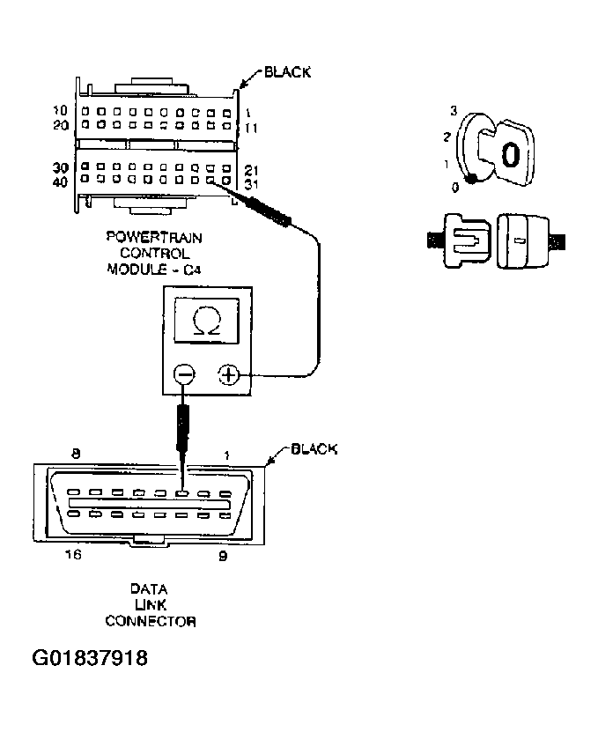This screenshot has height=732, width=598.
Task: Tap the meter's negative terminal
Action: point(184,374)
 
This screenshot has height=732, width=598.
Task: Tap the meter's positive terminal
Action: point(229,374)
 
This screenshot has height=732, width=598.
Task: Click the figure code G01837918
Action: point(90,658)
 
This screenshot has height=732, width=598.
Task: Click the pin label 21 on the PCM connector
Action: point(249,168)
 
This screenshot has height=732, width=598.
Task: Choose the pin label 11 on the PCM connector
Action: point(249,128)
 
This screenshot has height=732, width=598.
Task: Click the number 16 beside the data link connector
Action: point(75,556)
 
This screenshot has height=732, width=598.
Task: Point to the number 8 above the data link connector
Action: point(76,454)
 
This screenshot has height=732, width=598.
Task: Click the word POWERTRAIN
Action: point(151,236)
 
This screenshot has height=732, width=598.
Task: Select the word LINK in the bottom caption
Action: point(150,605)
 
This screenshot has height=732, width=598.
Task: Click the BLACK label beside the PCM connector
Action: point(287,72)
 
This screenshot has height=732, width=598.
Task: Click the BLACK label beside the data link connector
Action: point(314,449)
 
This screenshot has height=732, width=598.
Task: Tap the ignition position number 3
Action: point(453,111)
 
